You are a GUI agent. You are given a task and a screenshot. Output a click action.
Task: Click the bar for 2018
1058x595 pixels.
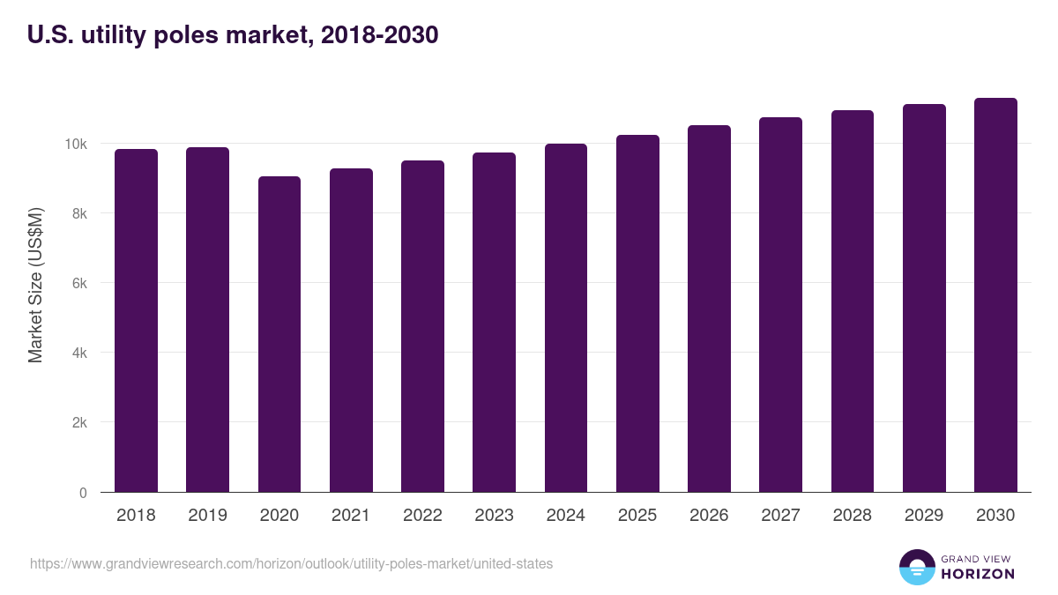click(x=136, y=321)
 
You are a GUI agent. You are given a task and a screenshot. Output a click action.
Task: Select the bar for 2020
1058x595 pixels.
click(x=279, y=334)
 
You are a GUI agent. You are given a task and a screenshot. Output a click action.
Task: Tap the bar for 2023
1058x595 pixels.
click(x=494, y=323)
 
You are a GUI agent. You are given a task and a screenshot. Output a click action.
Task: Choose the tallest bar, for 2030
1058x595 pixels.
click(x=995, y=295)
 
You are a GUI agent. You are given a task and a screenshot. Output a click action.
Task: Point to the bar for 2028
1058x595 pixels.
click(x=852, y=301)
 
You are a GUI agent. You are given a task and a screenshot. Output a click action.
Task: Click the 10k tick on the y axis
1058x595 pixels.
click(x=75, y=144)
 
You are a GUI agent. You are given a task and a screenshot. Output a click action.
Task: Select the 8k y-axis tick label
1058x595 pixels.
click(x=78, y=213)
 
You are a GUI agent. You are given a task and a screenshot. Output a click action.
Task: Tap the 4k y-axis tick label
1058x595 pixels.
click(x=78, y=353)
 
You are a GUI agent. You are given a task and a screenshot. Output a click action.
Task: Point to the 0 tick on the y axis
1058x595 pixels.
click(x=83, y=493)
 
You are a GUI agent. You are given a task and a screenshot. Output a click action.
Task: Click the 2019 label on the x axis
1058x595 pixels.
click(x=207, y=516)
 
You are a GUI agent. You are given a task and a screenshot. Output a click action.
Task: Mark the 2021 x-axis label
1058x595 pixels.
click(x=351, y=516)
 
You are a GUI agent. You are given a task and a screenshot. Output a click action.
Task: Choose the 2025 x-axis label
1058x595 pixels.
click(x=637, y=516)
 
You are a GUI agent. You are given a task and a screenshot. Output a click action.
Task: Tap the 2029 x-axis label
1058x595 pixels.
click(x=924, y=516)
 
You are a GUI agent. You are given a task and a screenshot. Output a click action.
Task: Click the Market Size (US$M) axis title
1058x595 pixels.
click(x=35, y=284)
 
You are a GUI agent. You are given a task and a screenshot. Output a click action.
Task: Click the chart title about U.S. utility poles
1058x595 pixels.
click(x=233, y=35)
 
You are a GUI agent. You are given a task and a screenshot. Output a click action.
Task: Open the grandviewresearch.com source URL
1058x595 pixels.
click(x=292, y=563)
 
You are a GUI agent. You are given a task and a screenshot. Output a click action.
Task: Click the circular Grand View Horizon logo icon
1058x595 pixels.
click(x=916, y=567)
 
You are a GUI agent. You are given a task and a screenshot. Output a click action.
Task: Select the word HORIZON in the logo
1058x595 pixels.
click(x=977, y=574)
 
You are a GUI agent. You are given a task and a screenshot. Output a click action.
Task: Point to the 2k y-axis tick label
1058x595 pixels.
click(x=78, y=422)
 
